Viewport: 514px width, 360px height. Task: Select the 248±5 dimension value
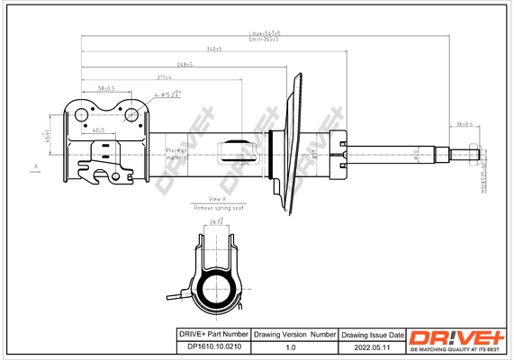point(187,64)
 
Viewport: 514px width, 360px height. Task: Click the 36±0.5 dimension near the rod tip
point(464,124)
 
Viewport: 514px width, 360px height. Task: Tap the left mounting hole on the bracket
point(80,114)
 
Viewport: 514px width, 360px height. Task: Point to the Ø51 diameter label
point(314,155)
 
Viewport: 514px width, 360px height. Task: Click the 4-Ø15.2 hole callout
point(168,94)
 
